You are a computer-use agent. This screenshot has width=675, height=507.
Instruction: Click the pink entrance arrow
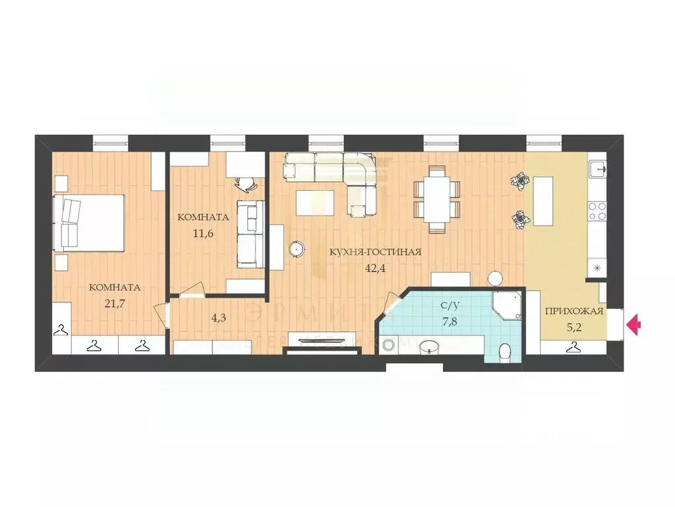coord(633,325)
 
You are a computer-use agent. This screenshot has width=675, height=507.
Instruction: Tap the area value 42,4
coord(376,268)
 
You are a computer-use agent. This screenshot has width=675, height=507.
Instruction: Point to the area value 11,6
coord(202,232)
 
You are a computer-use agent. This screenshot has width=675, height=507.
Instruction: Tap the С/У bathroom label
coord(451,306)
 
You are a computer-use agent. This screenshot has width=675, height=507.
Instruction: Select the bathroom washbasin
coord(430,346)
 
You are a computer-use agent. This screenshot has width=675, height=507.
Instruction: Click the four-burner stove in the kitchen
coord(597,211)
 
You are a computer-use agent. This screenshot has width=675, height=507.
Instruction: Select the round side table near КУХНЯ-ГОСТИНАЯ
coord(298,249)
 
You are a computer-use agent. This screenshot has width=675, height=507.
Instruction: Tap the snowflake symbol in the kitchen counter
coord(597,268)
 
